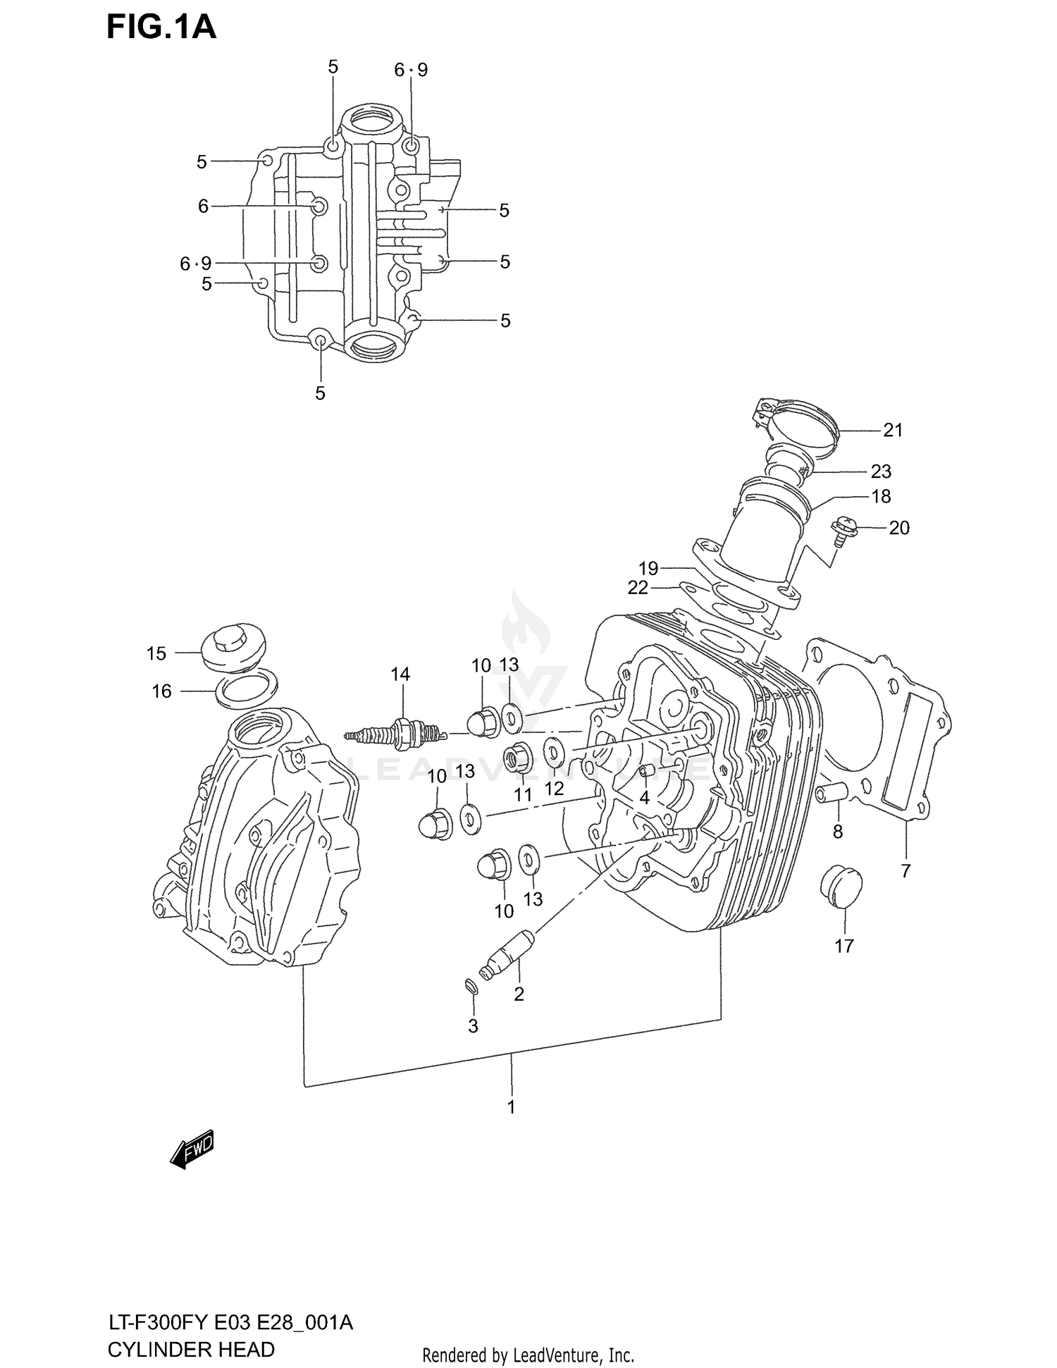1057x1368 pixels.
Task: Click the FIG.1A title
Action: (161, 27)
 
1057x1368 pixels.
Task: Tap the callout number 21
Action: (892, 430)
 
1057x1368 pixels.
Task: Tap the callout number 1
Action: (512, 1107)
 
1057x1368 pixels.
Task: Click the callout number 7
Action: (905, 871)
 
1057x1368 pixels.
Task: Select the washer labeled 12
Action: (554, 753)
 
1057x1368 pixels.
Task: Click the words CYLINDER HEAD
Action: (191, 1350)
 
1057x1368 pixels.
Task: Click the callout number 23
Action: (881, 471)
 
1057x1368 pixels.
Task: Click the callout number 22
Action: (637, 587)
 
